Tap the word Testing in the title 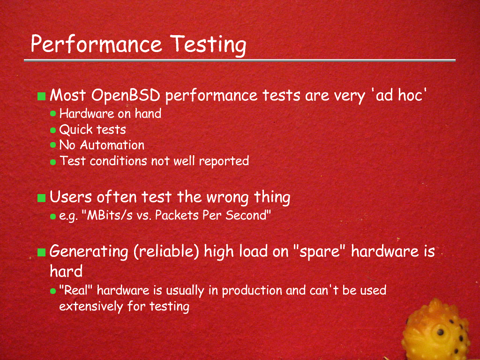click(208, 45)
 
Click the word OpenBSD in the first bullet click(126, 95)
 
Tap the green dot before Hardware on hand click(53, 113)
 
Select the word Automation click(112, 145)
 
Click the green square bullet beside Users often click(41, 198)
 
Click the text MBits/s click(110, 216)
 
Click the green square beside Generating click(41, 252)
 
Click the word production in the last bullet click(252, 291)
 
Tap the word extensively click(91, 306)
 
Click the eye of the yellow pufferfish click(440, 332)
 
